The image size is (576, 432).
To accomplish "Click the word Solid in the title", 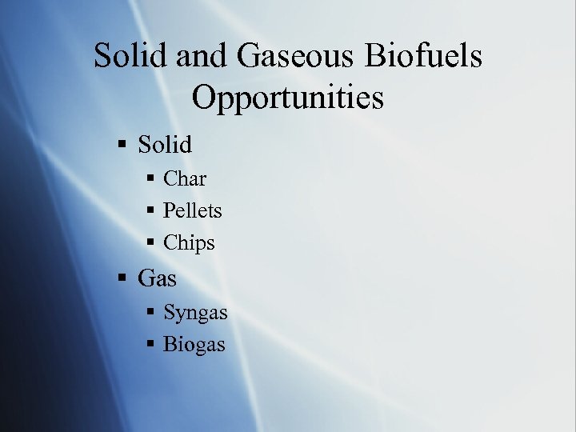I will pos(130,57).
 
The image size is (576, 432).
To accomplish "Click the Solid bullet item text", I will pos(166,145).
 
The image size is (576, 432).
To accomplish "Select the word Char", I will pos(185,179).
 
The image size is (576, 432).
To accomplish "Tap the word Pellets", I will pos(193,211).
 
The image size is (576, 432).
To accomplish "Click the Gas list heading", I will pos(158,279).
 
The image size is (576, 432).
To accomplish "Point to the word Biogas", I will pos(194,345).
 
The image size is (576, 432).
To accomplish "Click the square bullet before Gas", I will pos(122,280).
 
